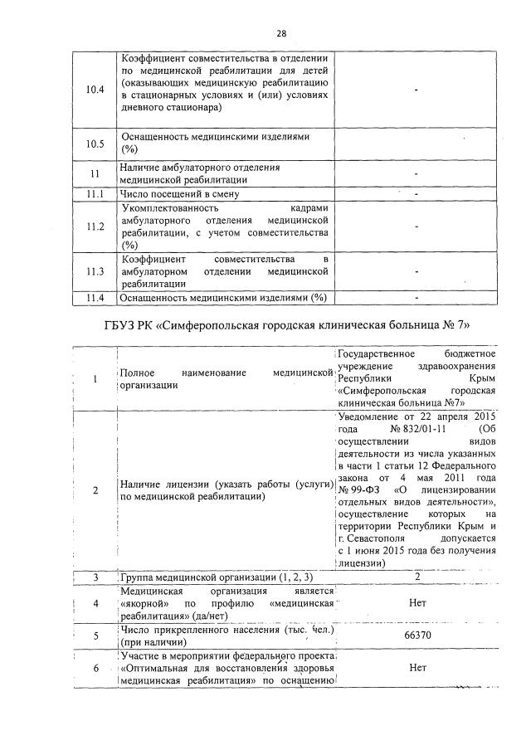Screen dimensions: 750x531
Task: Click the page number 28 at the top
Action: pos(281,34)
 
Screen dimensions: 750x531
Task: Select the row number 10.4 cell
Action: pos(95,90)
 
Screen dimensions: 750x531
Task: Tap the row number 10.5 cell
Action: pos(95,144)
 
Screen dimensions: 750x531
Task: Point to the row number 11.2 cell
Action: pos(95,226)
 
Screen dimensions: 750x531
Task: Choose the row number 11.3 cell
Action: pos(95,272)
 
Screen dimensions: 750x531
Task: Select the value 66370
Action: pos(417,636)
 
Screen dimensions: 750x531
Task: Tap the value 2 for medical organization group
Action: pos(417,577)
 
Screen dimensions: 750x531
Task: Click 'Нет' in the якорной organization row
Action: pos(417,603)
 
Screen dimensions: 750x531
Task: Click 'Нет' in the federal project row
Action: pos(417,666)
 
